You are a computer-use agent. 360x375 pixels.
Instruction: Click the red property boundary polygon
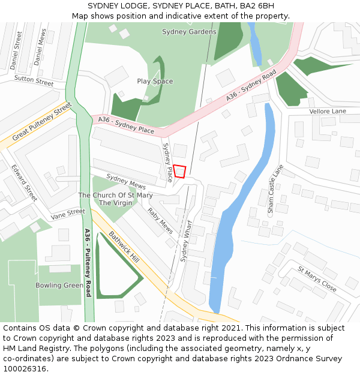179,171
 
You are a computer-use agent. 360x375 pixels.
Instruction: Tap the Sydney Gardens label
189,32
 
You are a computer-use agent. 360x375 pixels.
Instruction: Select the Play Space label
155,82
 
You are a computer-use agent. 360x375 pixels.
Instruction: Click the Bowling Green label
59,285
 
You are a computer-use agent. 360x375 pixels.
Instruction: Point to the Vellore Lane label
328,112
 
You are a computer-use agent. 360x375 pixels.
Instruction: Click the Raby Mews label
161,221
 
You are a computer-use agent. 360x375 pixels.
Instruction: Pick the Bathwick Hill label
124,246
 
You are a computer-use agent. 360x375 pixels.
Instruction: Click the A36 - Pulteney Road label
88,263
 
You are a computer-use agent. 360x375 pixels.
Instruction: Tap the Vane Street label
68,214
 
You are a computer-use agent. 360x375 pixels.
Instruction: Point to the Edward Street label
24,183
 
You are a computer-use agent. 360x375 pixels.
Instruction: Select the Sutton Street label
34,80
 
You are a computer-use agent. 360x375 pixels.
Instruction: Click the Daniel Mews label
40,48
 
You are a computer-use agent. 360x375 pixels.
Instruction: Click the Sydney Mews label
126,181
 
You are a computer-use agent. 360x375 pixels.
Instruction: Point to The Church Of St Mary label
115,196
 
